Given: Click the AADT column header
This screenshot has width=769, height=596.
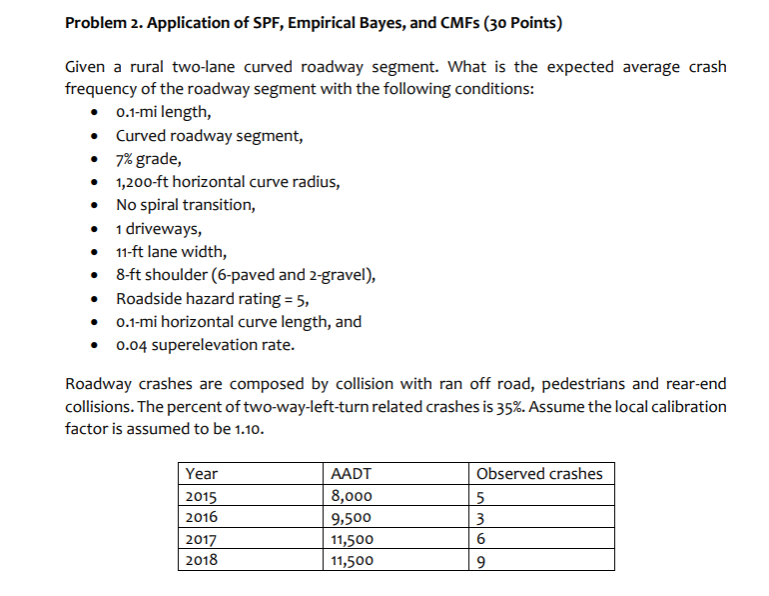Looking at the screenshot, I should [x=351, y=473].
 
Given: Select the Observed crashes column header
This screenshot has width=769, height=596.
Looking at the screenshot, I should [x=539, y=473].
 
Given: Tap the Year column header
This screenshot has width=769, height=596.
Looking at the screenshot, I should [x=202, y=473].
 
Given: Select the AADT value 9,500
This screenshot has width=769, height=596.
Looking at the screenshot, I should [x=352, y=517].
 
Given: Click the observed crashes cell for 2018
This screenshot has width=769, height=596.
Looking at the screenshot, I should [x=482, y=561].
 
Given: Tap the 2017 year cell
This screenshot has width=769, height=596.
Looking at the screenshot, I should [x=203, y=539].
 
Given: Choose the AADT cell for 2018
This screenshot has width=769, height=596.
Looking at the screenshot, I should [x=352, y=561].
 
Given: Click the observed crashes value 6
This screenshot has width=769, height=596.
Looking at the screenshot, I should [x=482, y=539].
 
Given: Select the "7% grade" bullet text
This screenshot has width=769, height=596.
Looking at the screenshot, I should [x=149, y=158].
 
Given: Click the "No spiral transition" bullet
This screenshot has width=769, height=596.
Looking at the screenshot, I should [x=185, y=205].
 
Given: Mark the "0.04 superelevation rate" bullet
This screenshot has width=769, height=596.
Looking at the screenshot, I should [x=205, y=345].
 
